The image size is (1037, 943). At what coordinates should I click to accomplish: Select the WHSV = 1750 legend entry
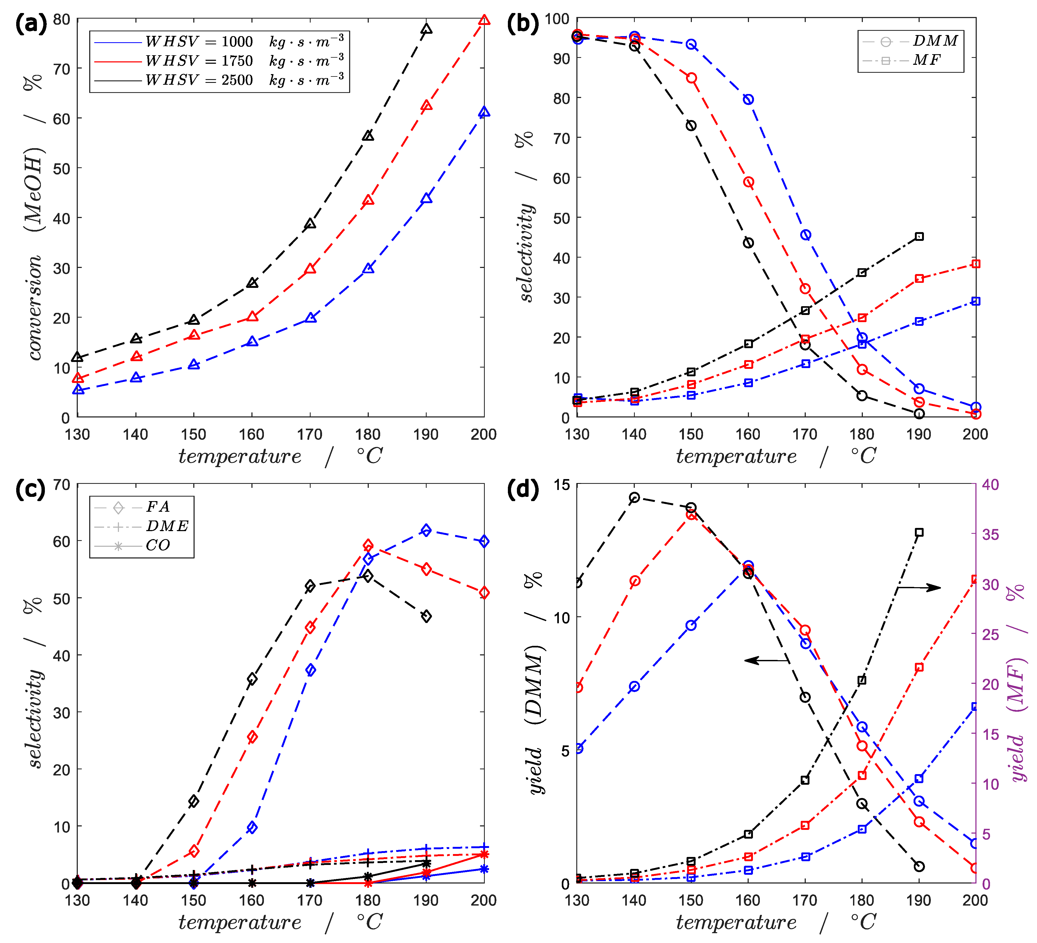pyautogui.click(x=218, y=61)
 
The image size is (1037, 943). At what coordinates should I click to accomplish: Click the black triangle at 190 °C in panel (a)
pyautogui.click(x=426, y=29)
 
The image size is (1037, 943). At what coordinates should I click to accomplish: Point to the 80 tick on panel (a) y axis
pyautogui.click(x=62, y=20)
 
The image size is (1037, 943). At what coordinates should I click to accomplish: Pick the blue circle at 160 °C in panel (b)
pyautogui.click(x=748, y=99)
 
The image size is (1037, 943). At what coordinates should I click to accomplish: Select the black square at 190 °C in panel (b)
pyautogui.click(x=919, y=237)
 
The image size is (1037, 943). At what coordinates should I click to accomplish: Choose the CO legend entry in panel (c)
pyautogui.click(x=142, y=545)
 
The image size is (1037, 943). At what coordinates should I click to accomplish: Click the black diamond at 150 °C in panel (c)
pyautogui.click(x=193, y=801)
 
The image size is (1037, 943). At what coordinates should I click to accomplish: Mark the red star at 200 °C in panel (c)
pyautogui.click(x=483, y=855)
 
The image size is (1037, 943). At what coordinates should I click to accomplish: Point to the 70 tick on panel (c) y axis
pyautogui.click(x=62, y=485)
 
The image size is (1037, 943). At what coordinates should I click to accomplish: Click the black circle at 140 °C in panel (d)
pyautogui.click(x=634, y=497)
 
